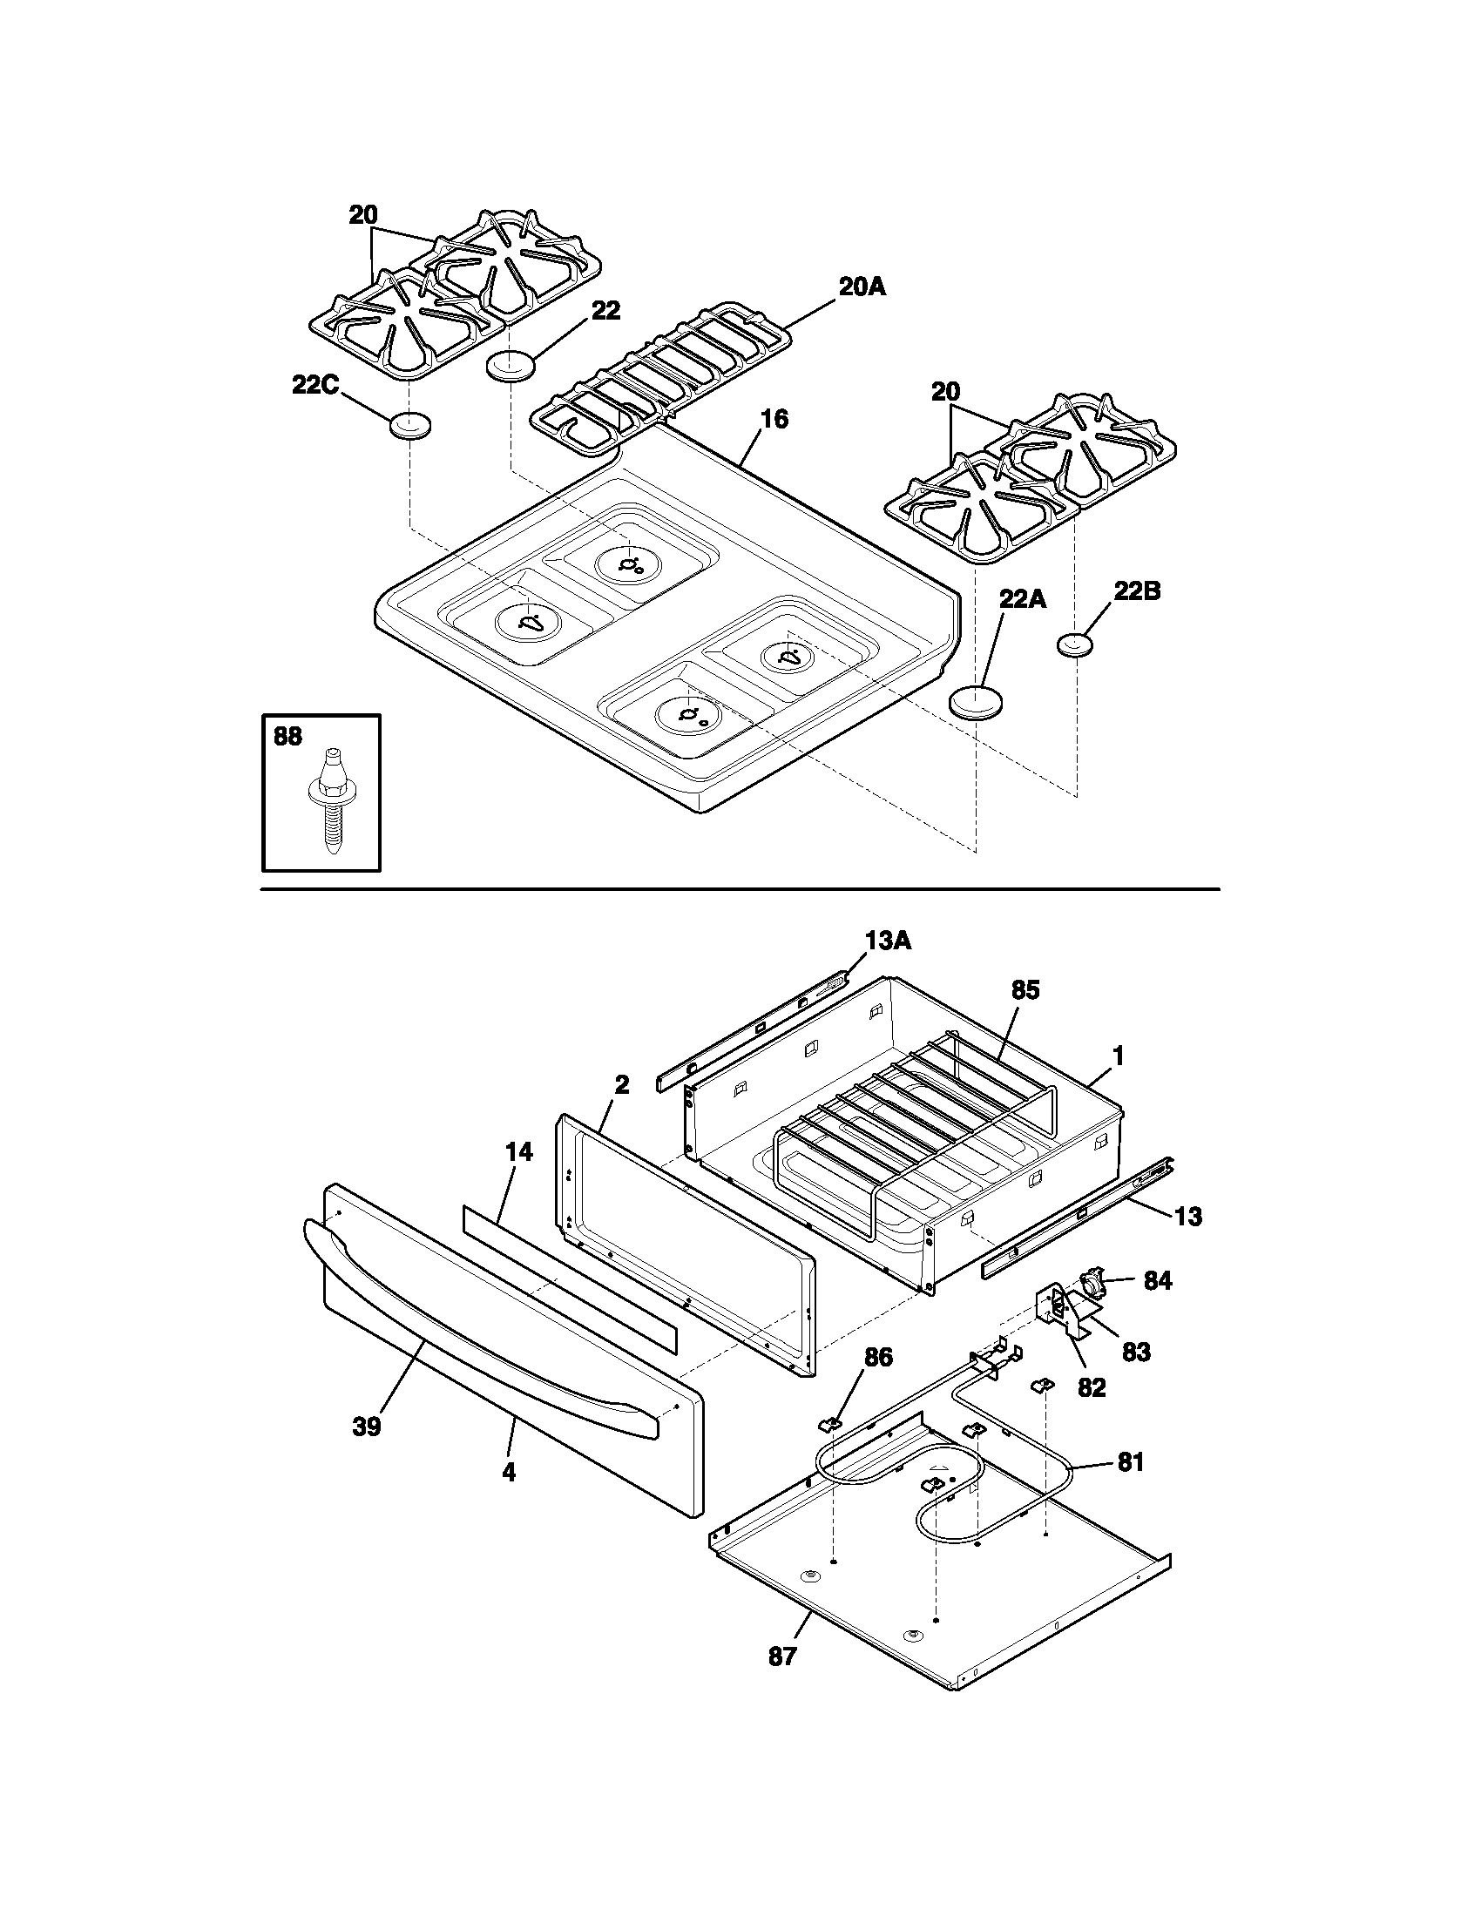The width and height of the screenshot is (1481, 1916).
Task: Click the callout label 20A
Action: pyautogui.click(x=862, y=287)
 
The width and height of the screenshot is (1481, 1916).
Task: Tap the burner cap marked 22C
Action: pyautogui.click(x=410, y=426)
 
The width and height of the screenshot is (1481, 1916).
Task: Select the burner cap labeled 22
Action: pyautogui.click(x=510, y=364)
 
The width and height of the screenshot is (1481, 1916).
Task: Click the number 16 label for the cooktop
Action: pyautogui.click(x=774, y=420)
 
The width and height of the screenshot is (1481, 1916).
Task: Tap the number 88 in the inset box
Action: pyautogui.click(x=287, y=736)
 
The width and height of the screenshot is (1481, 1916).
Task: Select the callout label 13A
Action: pyautogui.click(x=888, y=941)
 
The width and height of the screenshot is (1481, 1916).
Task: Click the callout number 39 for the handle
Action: pyautogui.click(x=367, y=1427)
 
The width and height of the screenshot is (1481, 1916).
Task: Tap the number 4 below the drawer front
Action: pyautogui.click(x=509, y=1473)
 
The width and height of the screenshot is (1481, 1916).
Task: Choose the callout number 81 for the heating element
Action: pyautogui.click(x=1130, y=1462)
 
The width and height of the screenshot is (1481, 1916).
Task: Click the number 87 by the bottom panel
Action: pyautogui.click(x=781, y=1657)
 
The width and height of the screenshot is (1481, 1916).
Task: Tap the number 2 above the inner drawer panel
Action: pyautogui.click(x=621, y=1085)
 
